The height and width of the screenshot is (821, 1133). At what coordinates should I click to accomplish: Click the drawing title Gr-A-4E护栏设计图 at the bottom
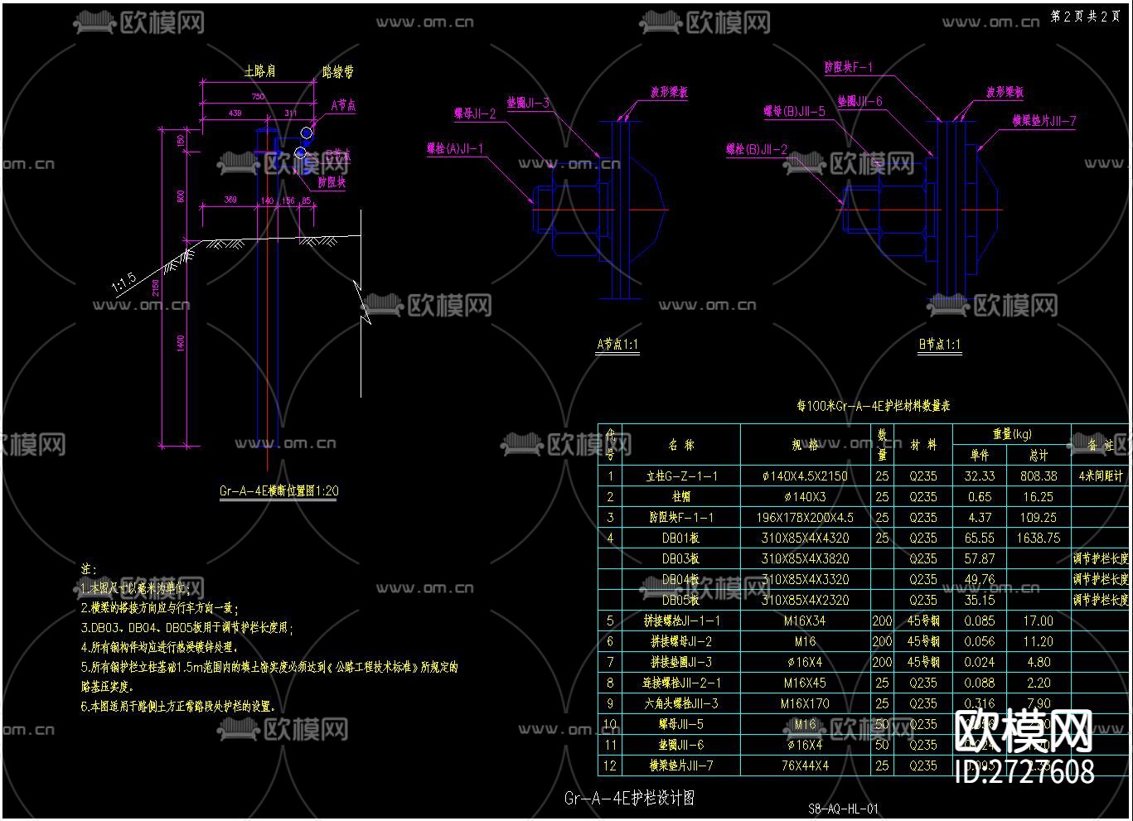click(629, 799)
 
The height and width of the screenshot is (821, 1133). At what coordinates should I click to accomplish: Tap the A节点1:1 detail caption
click(617, 345)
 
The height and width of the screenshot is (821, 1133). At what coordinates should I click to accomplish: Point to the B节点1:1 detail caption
click(939, 345)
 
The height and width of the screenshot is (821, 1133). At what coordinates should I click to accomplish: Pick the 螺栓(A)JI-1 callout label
click(455, 149)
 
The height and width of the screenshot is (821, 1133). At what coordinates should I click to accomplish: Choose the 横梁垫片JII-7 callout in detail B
click(1043, 121)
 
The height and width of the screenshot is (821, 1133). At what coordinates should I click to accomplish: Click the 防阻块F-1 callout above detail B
click(848, 67)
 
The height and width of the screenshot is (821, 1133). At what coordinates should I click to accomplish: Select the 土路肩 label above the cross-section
click(259, 72)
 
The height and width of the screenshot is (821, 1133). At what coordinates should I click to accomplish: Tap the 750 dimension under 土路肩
click(259, 97)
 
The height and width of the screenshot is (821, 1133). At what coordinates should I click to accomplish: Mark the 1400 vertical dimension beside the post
click(182, 342)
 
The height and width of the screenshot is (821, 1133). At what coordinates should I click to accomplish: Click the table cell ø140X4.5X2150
click(804, 476)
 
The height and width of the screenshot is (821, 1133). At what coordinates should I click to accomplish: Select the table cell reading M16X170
click(804, 704)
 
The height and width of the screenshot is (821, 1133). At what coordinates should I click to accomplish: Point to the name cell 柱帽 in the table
click(681, 497)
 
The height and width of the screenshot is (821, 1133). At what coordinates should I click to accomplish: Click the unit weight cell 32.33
click(979, 476)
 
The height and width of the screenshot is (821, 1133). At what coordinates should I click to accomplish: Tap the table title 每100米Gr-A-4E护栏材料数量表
click(873, 406)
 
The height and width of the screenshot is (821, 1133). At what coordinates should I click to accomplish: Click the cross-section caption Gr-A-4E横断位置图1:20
click(278, 490)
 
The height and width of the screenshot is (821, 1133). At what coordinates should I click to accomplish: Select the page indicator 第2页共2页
click(1085, 17)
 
